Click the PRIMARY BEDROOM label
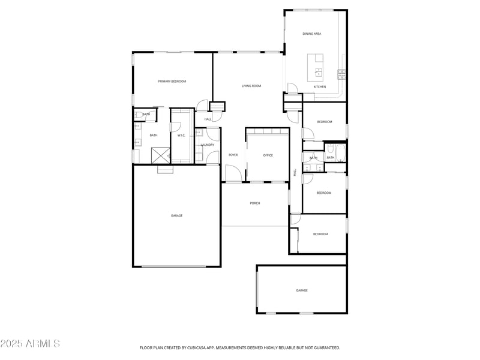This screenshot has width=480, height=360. pos(172,81)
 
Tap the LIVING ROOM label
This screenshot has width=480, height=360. pos(251,86)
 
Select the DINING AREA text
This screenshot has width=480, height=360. pos(311,34)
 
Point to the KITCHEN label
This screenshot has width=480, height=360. pos(320,87)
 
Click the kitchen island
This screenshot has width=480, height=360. pos(316,67)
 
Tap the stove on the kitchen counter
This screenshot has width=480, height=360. pos(341,74)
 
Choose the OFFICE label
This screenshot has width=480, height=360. pos(268,155)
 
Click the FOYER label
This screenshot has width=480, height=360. pos(233,155)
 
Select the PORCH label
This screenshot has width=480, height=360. pos(255,203)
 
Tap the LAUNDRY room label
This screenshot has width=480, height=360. pos(208,145)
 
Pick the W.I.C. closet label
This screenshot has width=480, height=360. pos(181,136)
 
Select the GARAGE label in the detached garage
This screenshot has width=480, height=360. pos(301,290)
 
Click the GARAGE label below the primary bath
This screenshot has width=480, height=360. pos(176,216)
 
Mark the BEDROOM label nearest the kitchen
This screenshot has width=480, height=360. pos(325,122)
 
